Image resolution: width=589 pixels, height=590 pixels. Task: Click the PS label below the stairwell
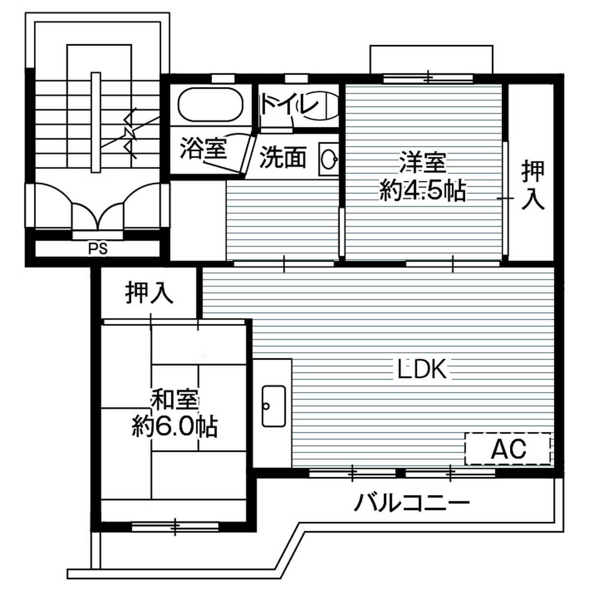(98, 249)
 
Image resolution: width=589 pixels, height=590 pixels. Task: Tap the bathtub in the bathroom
(211, 105)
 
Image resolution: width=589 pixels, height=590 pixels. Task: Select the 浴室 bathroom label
(204, 148)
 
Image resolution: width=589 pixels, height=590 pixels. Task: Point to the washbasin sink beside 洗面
(329, 159)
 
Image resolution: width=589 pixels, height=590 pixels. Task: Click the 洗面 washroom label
(283, 158)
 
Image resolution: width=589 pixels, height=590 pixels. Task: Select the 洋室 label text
(423, 163)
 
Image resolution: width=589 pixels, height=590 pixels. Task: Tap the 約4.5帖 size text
(423, 191)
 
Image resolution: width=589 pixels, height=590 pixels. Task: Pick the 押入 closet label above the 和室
(150, 293)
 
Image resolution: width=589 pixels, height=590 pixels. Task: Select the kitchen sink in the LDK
(274, 406)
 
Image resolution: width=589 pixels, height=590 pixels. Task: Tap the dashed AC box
(508, 449)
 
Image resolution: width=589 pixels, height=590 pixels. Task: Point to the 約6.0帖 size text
(175, 426)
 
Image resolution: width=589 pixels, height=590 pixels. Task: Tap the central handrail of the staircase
(96, 123)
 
